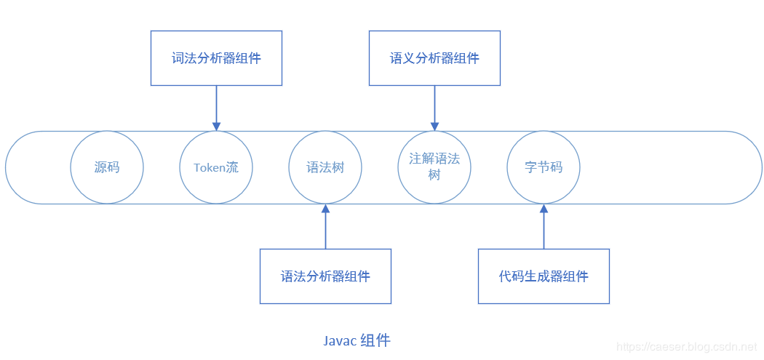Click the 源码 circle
click(107, 167)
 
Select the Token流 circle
click(216, 167)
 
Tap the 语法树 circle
click(325, 167)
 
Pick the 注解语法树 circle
click(434, 167)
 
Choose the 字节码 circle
click(544, 167)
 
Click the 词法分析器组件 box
click(216, 58)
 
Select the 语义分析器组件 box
click(434, 58)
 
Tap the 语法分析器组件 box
click(325, 276)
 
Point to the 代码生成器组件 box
click(544, 276)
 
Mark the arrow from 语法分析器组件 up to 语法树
click(325, 227)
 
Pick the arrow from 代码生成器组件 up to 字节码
click(544, 227)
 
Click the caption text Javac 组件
click(357, 340)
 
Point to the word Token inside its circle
click(209, 168)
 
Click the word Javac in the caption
click(340, 340)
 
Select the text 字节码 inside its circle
click(544, 167)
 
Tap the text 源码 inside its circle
click(107, 167)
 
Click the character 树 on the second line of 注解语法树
click(434, 175)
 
